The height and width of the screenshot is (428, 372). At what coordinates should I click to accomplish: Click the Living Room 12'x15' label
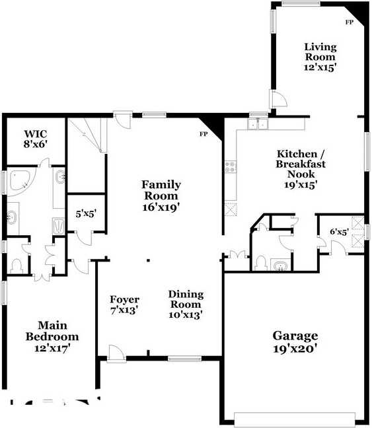coord(320,57)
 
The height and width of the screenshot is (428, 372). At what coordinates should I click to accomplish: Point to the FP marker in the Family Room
coord(204,134)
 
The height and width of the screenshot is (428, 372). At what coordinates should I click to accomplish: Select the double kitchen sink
coord(256,124)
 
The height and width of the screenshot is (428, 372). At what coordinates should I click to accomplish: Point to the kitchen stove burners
coord(231,167)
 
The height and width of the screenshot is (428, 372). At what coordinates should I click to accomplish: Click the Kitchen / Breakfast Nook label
coord(301,169)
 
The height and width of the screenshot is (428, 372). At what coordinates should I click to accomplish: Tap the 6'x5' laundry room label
coord(339,232)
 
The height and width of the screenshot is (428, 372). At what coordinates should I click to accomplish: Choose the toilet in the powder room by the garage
coord(260,264)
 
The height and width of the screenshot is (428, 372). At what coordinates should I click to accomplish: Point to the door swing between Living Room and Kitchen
coord(279,99)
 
